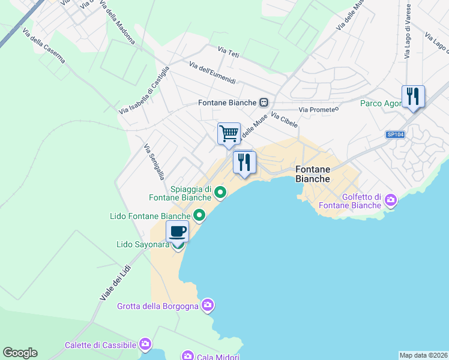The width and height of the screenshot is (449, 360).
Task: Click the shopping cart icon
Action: point(229,133)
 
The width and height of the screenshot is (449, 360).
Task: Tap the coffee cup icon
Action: point(177,231)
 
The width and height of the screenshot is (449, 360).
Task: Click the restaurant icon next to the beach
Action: point(244,161)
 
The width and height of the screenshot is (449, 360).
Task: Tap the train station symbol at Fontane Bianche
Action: point(264,103)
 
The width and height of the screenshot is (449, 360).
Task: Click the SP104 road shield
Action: point(396,134)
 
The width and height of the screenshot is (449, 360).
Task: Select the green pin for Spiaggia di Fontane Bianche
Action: point(220,193)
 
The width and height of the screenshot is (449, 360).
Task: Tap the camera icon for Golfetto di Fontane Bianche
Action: point(391,199)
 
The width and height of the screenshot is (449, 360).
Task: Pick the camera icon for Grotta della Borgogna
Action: point(207,306)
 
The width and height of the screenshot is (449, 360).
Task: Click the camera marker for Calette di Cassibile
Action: point(145,344)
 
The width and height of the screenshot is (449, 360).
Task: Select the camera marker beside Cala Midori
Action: point(188,356)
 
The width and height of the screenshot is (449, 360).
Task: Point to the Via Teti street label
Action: point(229,54)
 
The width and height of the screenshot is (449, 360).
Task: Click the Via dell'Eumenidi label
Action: point(212,73)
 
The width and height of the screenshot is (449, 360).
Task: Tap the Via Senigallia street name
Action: point(154,161)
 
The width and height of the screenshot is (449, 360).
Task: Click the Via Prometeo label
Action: point(319,109)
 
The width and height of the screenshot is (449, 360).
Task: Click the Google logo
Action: point(20,353)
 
